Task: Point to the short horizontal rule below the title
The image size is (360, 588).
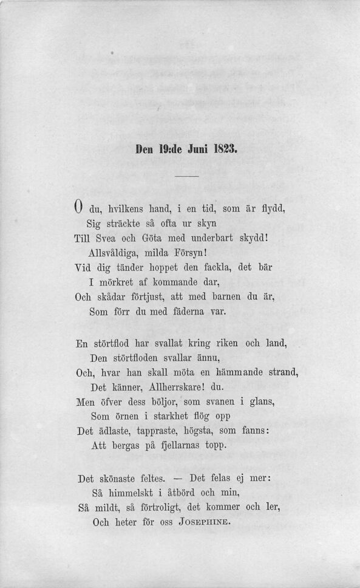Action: (x=187, y=177)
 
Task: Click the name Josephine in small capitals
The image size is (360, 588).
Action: (x=205, y=522)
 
